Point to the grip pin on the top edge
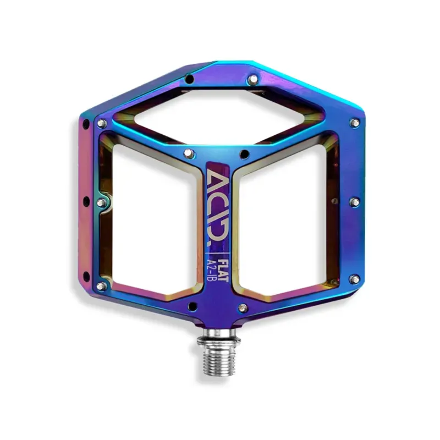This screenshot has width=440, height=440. (x=252, y=80)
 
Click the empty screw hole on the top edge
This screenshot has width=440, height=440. (x=189, y=79)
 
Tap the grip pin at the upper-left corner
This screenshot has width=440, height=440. (x=101, y=124)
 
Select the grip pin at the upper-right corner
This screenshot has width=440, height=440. (x=355, y=123)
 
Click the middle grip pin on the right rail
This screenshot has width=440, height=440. (x=355, y=202)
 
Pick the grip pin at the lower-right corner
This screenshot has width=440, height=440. (x=355, y=279)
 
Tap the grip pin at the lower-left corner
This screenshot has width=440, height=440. (x=101, y=286)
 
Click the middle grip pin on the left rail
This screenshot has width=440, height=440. (x=101, y=203)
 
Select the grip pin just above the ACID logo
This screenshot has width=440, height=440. (x=188, y=152)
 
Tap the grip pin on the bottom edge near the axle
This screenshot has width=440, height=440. (x=243, y=307)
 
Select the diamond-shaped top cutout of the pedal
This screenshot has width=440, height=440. (x=220, y=116)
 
